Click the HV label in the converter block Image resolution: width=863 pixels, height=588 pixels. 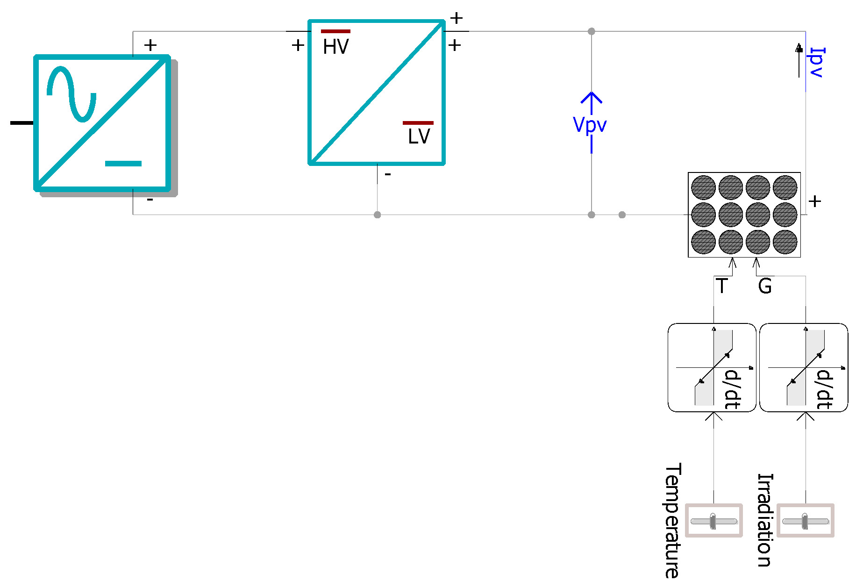click(x=335, y=47)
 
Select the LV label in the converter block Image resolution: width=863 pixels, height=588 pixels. click(x=419, y=136)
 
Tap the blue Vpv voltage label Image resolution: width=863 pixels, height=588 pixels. click(x=590, y=125)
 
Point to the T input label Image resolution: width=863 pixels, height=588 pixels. click(x=722, y=286)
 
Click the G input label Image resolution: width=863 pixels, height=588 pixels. click(x=765, y=286)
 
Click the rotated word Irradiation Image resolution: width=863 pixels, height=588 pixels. click(x=765, y=520)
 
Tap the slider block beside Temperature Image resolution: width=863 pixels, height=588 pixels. click(x=713, y=521)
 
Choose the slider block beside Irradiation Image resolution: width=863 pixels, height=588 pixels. click(x=806, y=521)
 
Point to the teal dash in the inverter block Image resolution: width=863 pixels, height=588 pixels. click(x=123, y=164)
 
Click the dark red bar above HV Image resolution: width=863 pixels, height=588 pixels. click(x=335, y=31)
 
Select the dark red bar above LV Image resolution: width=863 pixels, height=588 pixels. click(x=418, y=123)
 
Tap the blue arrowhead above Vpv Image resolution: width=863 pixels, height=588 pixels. click(x=592, y=97)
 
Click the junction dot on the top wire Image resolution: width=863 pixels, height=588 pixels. click(x=592, y=31)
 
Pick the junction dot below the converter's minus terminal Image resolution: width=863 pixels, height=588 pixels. click(x=378, y=215)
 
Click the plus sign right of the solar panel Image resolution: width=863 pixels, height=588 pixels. click(x=815, y=201)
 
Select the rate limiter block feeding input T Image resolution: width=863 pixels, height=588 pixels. click(x=712, y=368)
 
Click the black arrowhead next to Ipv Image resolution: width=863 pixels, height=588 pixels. click(x=799, y=48)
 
